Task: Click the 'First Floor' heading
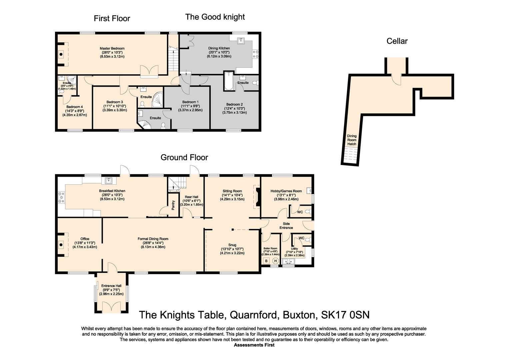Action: tap(112, 18)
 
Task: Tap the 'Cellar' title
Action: tap(397, 41)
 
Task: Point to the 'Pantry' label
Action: tap(173, 205)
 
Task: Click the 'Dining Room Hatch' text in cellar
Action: tap(352, 140)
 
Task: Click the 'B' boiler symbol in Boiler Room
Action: tap(266, 261)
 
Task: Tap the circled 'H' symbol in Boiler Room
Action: tap(276, 261)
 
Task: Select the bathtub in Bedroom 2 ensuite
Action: tap(229, 81)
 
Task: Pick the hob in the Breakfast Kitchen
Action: tap(61, 197)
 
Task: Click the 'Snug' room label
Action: tap(232, 245)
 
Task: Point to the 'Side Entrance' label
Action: tap(286, 226)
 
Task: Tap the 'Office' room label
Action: tap(85, 239)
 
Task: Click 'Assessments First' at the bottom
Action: tap(254, 345)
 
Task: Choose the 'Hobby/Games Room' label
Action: tap(286, 191)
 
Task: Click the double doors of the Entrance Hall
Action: tap(111, 307)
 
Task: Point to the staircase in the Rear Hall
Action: tap(175, 184)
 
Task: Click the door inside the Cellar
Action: tap(395, 79)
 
